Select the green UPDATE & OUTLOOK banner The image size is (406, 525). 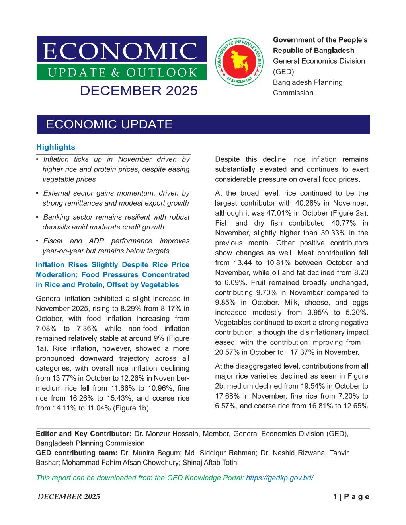tap(121, 72)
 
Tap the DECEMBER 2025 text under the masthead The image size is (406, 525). tap(139, 91)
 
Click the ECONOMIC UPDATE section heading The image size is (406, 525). tap(109, 124)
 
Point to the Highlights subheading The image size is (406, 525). tap(55, 147)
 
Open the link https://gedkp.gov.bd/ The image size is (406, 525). tap(280, 478)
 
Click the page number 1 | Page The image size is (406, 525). tap(351, 497)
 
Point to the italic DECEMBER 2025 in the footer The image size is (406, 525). tap(68, 497)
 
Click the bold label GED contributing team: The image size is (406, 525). tap(76, 453)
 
